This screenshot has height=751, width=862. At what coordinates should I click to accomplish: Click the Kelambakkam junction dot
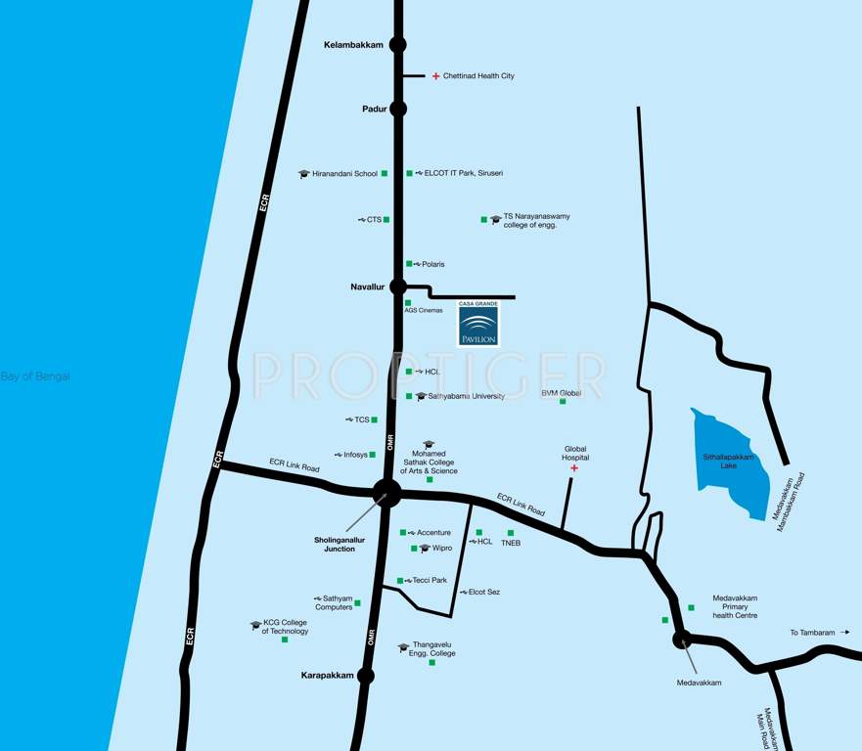(x=398, y=44)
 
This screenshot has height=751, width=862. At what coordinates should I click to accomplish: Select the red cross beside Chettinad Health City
(x=435, y=75)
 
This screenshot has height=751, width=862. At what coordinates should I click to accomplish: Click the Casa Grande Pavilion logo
(x=478, y=324)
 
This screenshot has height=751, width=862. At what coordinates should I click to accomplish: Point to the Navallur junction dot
(x=398, y=287)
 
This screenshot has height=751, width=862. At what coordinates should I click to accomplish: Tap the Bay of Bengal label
(x=35, y=376)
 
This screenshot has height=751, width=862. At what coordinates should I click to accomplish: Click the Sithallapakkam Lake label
(x=733, y=461)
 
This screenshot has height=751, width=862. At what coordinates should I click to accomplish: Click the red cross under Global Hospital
(x=574, y=468)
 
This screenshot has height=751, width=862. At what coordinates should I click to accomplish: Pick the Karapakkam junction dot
(x=366, y=676)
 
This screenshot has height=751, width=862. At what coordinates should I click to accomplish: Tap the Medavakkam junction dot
(x=681, y=640)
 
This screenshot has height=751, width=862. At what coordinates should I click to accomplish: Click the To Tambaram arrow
(x=844, y=633)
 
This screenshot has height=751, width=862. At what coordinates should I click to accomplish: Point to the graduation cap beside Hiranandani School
(x=304, y=174)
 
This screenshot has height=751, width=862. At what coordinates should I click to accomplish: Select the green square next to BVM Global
(x=563, y=401)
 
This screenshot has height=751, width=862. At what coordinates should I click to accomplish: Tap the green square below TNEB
(x=511, y=533)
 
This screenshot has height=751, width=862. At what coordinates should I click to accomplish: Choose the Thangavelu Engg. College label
(x=433, y=648)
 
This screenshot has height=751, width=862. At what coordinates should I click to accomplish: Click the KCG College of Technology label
(x=285, y=627)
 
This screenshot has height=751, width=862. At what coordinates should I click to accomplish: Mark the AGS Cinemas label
(x=424, y=310)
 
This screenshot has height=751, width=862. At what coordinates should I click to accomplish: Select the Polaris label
(x=432, y=264)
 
